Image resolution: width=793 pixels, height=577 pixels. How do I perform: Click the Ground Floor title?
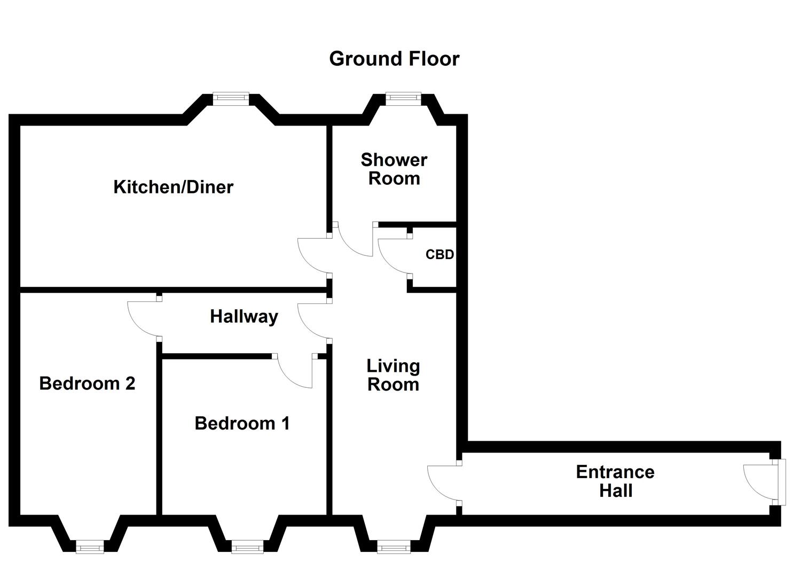click(395, 59)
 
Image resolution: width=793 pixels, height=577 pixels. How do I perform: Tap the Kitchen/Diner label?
click(174, 187)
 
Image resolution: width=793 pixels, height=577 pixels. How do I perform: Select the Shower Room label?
click(394, 169)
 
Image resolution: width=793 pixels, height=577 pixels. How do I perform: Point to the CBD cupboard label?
click(439, 254)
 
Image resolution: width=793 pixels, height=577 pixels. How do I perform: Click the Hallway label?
click(244, 317)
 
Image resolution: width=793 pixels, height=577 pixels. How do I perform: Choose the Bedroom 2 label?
click(87, 384)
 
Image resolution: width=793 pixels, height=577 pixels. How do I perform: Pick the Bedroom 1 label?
click(242, 423)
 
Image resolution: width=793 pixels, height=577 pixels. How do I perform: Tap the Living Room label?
click(394, 376)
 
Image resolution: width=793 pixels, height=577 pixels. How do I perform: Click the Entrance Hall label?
click(615, 481)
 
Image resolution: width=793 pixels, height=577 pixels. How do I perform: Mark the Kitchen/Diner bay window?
click(231, 99)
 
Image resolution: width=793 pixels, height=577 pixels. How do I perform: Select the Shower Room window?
click(403, 99)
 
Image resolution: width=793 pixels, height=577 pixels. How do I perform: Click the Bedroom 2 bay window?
click(90, 547)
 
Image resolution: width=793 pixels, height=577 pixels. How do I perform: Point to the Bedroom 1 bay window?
click(247, 547)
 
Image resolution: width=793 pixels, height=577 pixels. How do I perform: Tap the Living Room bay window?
click(394, 547)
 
